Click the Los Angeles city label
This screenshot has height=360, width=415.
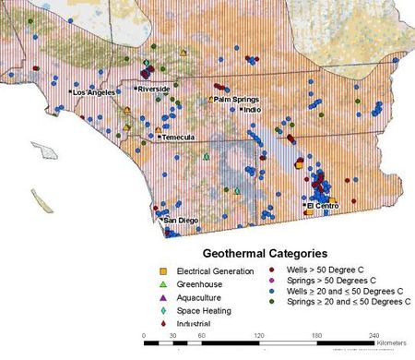(94, 93)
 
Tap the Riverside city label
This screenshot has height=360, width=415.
(155, 89)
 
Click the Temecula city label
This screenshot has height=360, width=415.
(177, 138)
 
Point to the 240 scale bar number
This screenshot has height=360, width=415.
(373, 334)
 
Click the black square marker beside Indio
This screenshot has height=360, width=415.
(242, 109)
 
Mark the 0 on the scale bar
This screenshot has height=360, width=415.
(144, 334)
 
